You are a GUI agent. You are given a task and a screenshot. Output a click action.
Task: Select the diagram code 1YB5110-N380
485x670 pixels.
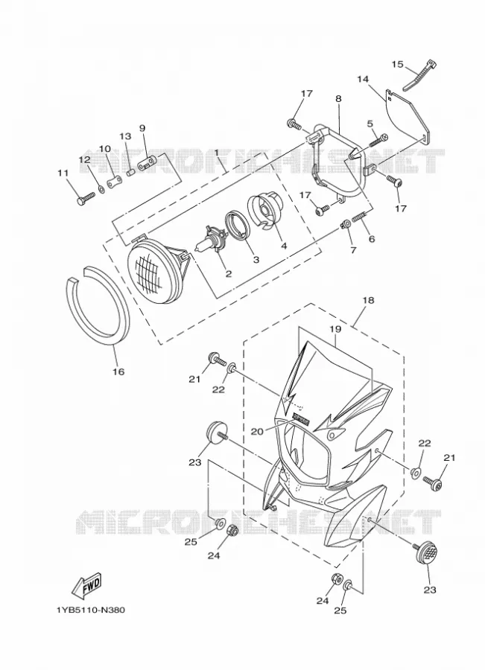90,610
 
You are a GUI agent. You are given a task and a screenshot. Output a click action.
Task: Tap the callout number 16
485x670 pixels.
118,371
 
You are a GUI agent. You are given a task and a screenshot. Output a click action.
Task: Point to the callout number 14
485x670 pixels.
363,79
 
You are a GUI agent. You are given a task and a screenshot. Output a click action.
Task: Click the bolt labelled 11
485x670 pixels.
86,198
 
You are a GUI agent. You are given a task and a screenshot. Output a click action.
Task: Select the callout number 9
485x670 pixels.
142,128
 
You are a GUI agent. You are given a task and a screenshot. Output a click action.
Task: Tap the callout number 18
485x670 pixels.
368,301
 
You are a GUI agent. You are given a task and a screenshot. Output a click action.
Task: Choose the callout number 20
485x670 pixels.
257,432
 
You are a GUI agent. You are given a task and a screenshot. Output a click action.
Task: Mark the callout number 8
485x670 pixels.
339,98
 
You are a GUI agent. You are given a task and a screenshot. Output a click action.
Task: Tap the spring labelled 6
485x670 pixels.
359,218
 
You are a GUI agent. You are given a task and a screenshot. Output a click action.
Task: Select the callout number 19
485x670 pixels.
335,329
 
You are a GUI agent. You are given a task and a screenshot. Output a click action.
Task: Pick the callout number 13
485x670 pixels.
126,136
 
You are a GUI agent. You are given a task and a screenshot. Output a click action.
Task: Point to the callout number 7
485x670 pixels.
353,250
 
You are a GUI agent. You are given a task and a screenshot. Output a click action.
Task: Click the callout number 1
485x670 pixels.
217,152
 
